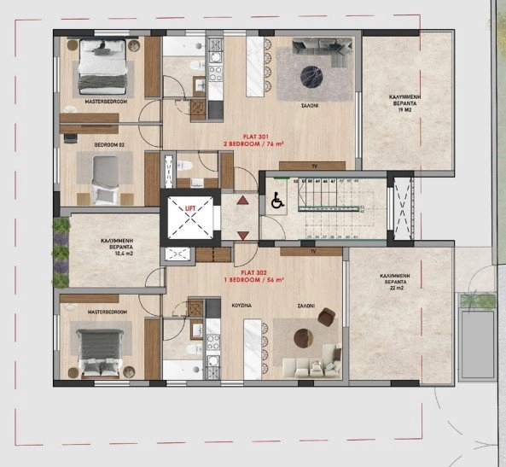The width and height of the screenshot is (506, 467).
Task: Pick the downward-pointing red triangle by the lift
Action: click(x=242, y=234)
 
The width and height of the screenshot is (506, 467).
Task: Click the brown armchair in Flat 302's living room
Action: click(x=326, y=318)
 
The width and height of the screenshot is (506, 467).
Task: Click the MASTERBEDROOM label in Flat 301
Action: click(x=107, y=102)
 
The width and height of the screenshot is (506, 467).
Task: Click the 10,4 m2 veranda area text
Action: click(x=114, y=255)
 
